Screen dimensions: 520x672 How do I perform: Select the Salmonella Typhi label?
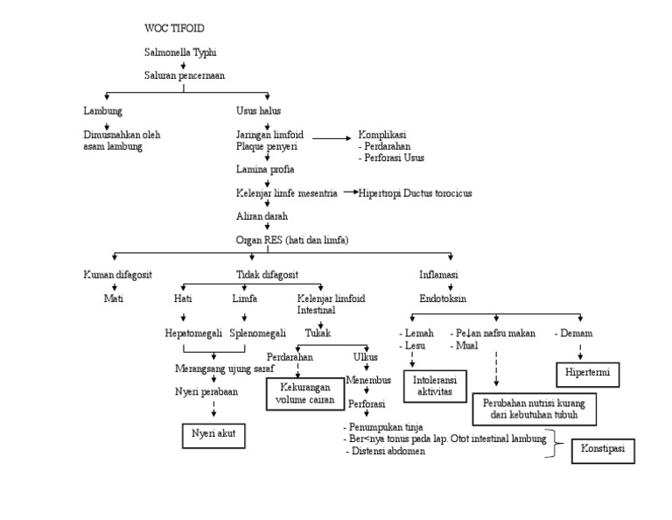pyautogui.click(x=181, y=53)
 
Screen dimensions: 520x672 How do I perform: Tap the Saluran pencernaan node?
pyautogui.click(x=185, y=75)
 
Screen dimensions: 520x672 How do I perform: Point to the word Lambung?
pyautogui.click(x=103, y=111)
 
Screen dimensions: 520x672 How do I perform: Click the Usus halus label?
pyautogui.click(x=259, y=111)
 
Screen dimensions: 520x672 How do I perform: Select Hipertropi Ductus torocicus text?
pyautogui.click(x=416, y=192)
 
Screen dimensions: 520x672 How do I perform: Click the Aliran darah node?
pyautogui.click(x=262, y=214)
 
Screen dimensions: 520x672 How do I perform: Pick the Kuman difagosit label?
pyautogui.click(x=118, y=274)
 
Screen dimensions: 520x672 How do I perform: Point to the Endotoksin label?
pyautogui.click(x=443, y=299)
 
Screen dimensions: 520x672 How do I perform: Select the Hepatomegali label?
pyautogui.click(x=193, y=334)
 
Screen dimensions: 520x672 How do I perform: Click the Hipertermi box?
pyautogui.click(x=588, y=375)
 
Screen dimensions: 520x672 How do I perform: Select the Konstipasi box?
pyautogui.click(x=603, y=451)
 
